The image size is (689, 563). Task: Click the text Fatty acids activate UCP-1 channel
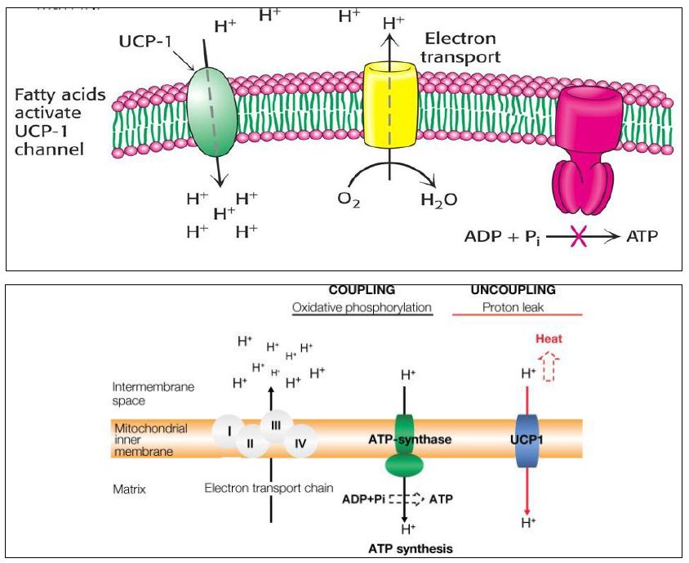tap(60, 122)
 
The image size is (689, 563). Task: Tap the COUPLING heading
tap(362, 290)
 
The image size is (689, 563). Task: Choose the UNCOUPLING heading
tap(513, 290)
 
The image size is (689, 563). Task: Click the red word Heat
tap(549, 338)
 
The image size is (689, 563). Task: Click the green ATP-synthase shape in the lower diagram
tap(404, 445)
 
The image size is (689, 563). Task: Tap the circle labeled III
tap(276, 425)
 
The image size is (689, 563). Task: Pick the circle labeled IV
tap(300, 440)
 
